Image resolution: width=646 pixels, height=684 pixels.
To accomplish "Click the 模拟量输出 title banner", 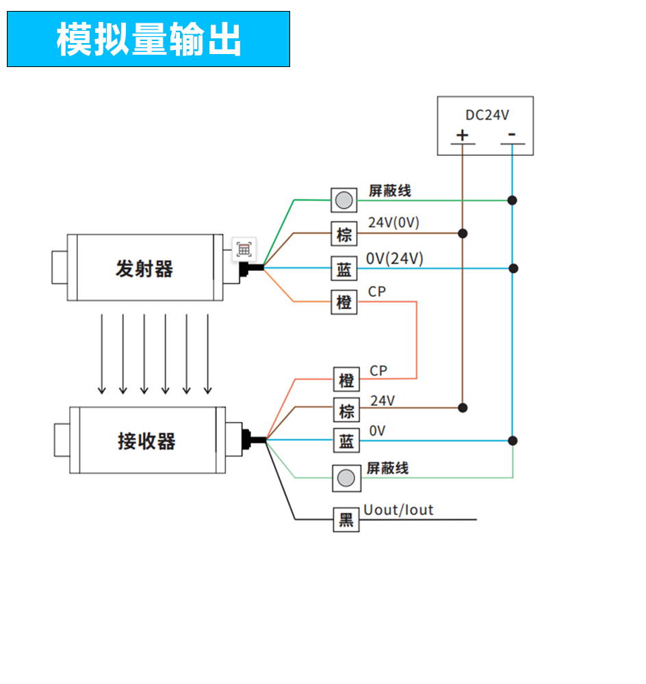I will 148,39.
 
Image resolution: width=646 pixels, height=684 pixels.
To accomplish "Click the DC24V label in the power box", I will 487,115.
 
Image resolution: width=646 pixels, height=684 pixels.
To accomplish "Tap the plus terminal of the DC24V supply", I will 463,135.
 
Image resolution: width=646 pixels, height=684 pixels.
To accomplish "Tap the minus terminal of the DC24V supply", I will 512,135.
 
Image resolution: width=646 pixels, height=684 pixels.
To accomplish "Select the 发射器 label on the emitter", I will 144,269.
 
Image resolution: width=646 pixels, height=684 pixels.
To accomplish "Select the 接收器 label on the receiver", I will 146,441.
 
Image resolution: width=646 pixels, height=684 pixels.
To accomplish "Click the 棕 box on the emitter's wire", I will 344,235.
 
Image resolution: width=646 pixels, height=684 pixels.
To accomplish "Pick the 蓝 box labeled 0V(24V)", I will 344,269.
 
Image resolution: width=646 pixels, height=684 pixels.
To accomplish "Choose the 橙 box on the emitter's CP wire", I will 344,302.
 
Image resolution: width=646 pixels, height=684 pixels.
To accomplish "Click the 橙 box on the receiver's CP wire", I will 347,380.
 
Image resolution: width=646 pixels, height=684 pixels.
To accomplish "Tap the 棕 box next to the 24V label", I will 347,411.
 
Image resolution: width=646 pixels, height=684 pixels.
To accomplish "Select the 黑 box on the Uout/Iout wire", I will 346,521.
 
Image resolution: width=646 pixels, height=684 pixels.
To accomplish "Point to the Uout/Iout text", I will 398,510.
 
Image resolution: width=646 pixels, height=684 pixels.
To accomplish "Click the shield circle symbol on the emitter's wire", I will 344,200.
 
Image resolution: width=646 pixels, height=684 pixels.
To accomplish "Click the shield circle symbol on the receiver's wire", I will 347,477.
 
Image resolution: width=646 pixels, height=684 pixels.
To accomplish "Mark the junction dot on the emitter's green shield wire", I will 512,200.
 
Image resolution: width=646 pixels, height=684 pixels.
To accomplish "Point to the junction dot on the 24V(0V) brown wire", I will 463,233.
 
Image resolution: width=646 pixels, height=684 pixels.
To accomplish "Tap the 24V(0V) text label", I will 393,222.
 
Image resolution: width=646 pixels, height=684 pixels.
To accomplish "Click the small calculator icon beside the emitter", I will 244,249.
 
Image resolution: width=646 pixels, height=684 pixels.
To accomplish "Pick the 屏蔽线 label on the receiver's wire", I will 387,468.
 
